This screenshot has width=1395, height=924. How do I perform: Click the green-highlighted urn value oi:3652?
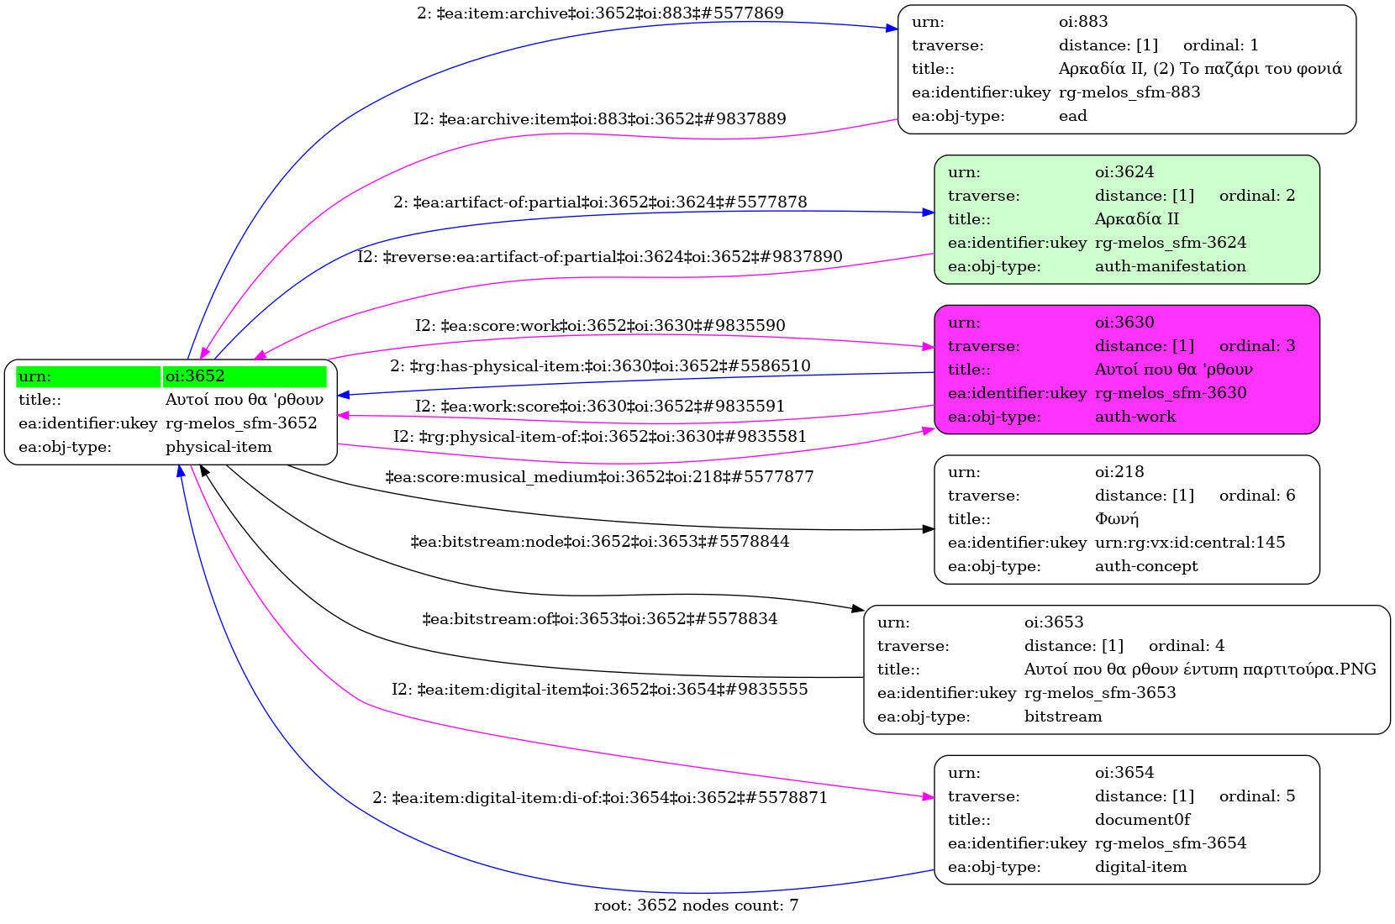click(x=195, y=376)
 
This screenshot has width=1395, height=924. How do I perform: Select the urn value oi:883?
click(x=1083, y=22)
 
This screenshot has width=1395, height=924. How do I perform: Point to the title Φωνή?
click(x=1116, y=519)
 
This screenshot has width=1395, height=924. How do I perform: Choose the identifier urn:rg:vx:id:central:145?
click(x=1190, y=543)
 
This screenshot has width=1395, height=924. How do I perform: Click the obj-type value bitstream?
click(x=1063, y=717)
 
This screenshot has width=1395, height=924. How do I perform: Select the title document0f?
click(x=1142, y=820)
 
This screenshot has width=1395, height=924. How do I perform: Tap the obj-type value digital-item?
click(x=1140, y=867)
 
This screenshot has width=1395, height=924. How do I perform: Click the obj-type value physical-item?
click(x=218, y=447)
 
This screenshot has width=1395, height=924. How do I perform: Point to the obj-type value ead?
click(x=1072, y=116)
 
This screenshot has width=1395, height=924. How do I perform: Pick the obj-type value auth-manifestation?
click(x=1170, y=266)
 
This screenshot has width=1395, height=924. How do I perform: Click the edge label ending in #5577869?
click(x=600, y=13)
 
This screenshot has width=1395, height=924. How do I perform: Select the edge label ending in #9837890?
click(x=600, y=257)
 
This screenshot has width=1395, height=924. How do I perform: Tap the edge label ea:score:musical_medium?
click(x=599, y=477)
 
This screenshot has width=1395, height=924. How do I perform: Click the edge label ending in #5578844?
click(x=599, y=542)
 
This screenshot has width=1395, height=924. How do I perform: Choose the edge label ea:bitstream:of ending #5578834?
click(x=599, y=619)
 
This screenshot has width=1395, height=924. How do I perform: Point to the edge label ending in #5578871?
click(x=600, y=798)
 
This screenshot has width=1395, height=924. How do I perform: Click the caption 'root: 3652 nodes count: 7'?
click(x=696, y=906)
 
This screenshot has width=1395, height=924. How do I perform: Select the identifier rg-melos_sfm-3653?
click(x=1099, y=693)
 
